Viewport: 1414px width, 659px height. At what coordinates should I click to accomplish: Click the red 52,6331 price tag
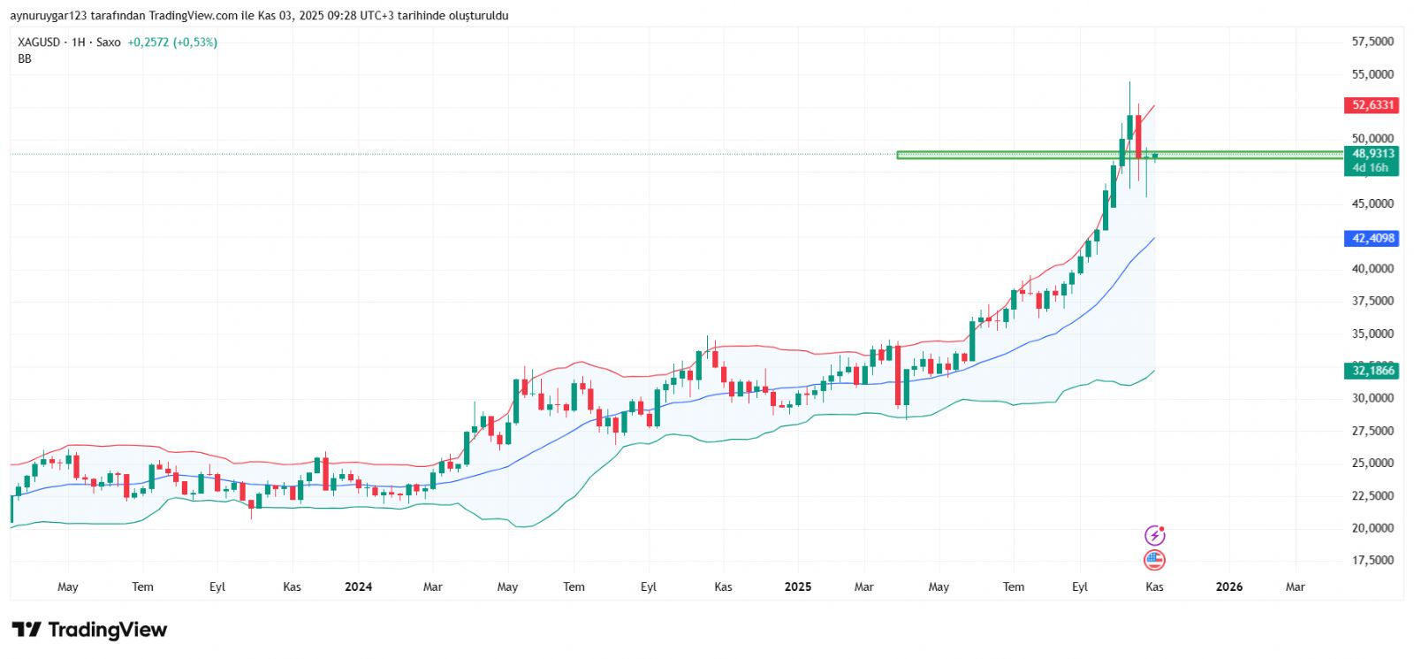(x=1372, y=105)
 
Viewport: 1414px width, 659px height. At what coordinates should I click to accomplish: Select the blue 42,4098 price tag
(x=1372, y=238)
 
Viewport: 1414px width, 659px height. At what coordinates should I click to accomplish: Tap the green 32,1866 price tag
(x=1372, y=371)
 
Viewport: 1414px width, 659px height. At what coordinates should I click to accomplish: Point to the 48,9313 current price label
(x=1372, y=154)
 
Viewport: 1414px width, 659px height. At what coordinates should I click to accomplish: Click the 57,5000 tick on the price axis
(x=1372, y=42)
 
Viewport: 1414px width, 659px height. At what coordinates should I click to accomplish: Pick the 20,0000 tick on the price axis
(x=1372, y=528)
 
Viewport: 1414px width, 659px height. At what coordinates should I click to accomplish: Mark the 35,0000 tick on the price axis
(x=1372, y=333)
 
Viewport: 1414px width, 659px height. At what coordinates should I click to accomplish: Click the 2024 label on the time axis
(x=358, y=586)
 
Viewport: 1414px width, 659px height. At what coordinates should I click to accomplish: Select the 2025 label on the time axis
(x=797, y=586)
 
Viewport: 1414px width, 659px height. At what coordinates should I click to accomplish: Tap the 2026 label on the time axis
(x=1228, y=586)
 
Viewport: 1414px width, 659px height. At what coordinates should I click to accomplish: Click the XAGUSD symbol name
(x=39, y=42)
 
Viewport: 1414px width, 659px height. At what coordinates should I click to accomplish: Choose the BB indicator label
(x=25, y=58)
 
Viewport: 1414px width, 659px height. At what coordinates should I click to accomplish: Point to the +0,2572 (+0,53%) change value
(x=172, y=42)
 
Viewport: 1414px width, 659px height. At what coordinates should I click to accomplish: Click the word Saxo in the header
(x=108, y=42)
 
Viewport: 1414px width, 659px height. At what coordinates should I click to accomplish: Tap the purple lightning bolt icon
(x=1154, y=535)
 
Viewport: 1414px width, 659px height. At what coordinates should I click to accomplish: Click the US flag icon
(x=1154, y=559)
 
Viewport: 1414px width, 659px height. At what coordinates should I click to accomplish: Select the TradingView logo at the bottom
(x=89, y=630)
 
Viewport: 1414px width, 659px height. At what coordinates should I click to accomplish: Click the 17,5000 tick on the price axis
(x=1372, y=560)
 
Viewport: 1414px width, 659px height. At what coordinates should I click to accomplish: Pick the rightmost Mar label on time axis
(x=1295, y=586)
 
